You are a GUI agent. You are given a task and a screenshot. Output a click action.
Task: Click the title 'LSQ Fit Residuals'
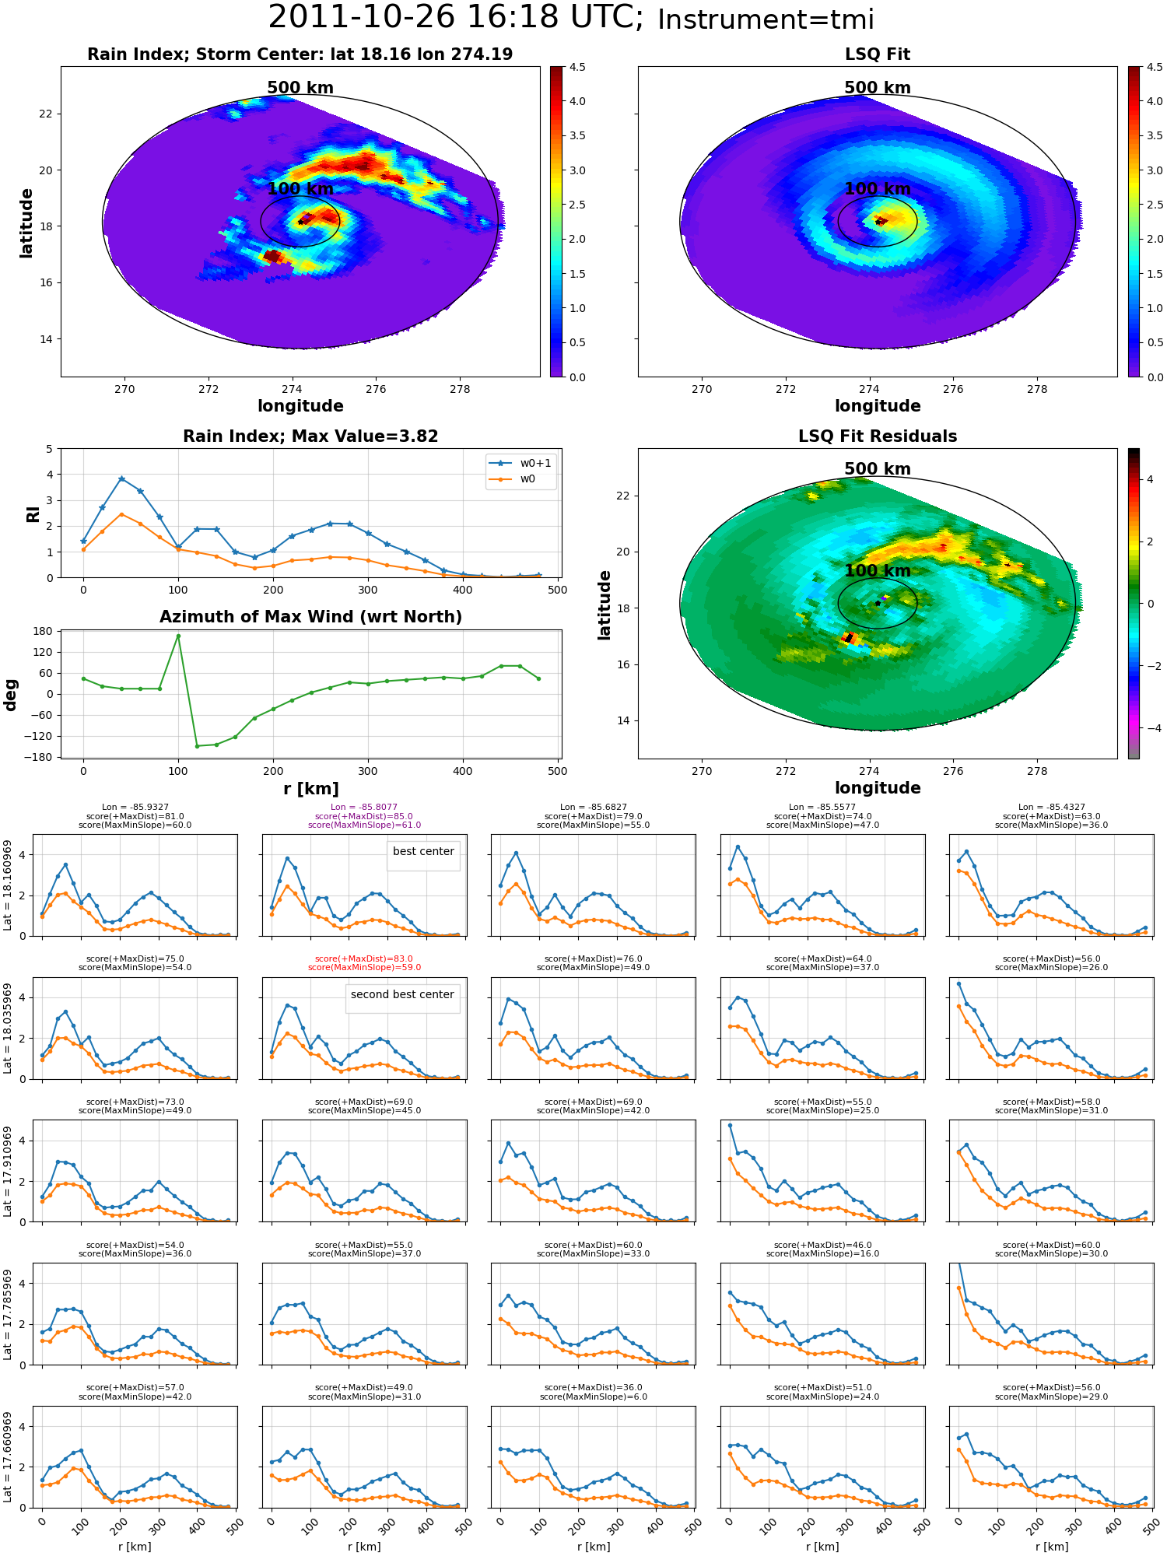tap(878, 436)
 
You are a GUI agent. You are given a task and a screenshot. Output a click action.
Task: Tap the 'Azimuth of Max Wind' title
tap(310, 617)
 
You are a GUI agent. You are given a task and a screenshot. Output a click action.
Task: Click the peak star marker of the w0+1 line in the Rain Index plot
tap(121, 478)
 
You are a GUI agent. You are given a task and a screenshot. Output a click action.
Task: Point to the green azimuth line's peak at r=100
tap(178, 636)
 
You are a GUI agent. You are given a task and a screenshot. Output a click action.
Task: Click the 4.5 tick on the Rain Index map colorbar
tap(576, 67)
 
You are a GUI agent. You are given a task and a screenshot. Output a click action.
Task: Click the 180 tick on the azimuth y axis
tap(43, 631)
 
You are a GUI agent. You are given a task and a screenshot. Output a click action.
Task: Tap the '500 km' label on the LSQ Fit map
tap(878, 88)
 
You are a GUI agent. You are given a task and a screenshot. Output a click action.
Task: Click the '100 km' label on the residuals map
tap(878, 570)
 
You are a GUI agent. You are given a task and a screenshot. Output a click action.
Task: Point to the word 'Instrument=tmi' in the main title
tap(766, 19)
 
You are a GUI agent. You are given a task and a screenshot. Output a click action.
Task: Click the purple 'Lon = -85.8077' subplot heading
tap(364, 808)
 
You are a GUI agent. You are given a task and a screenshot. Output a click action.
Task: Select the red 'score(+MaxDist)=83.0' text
tap(364, 959)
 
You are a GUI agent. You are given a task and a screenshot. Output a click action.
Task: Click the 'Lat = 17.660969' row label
tap(8, 1457)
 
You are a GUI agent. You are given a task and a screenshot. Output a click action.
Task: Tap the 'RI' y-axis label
tap(33, 514)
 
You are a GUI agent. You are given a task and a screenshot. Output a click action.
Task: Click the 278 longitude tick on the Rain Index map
tap(460, 389)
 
